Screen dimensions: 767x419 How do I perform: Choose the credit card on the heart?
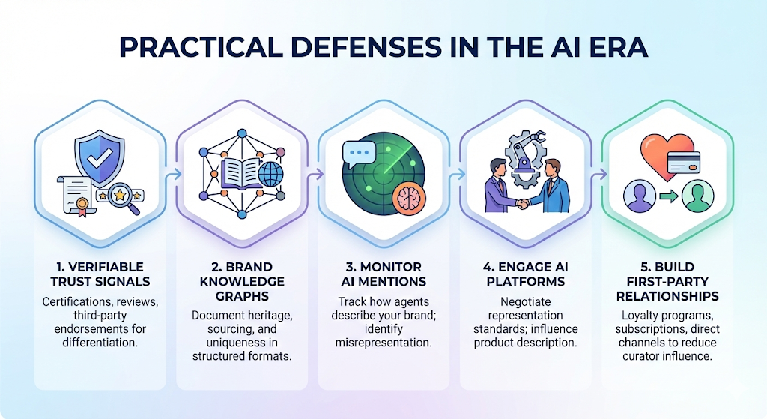683,160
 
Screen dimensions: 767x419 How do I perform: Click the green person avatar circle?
698,199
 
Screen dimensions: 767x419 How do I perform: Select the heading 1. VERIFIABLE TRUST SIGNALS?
99,274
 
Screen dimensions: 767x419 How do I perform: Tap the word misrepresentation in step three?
382,343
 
